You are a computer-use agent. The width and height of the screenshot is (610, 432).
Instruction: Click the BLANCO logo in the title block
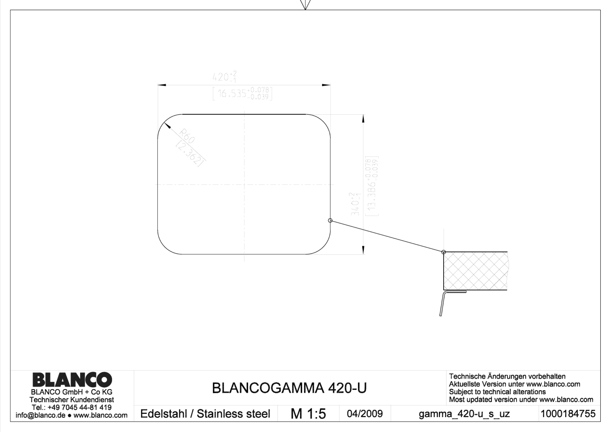tap(72, 379)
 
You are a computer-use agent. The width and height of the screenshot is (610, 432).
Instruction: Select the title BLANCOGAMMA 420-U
tap(289, 388)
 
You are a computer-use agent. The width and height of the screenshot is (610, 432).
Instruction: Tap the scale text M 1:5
tap(308, 414)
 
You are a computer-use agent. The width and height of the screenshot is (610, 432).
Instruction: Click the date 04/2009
tap(365, 414)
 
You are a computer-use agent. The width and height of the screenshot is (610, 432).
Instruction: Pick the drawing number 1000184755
tap(568, 414)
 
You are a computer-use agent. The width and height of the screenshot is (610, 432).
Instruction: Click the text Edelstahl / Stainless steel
tap(205, 414)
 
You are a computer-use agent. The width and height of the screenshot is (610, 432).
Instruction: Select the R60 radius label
tap(187, 136)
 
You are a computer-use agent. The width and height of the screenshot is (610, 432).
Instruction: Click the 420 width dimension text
tap(224, 76)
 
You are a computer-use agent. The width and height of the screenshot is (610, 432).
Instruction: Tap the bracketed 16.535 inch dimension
tap(242, 94)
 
